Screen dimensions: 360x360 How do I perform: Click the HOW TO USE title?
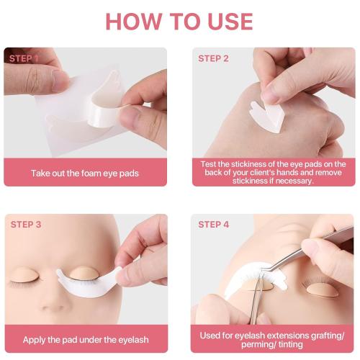pyautogui.click(x=179, y=21)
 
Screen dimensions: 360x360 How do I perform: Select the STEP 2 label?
pyautogui.click(x=214, y=58)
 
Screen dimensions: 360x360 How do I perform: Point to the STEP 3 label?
pyautogui.click(x=26, y=225)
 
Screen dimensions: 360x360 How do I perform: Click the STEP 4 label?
pyautogui.click(x=214, y=225)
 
